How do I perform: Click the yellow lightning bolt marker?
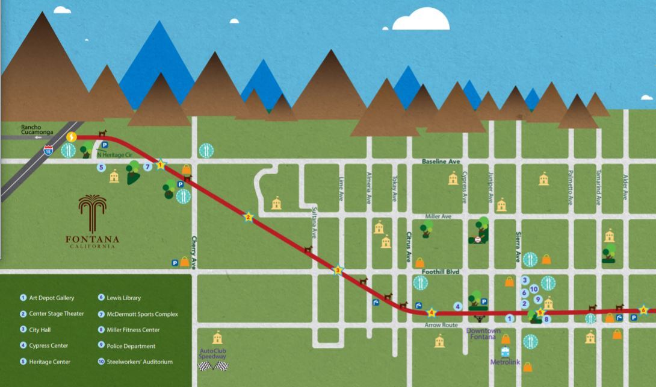coord(72,137)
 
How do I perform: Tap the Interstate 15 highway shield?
coord(48,151)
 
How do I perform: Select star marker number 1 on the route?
coord(161,165)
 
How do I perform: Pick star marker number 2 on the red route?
coord(248,217)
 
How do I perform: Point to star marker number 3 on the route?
coord(338,271)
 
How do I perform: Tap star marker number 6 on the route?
coord(643,310)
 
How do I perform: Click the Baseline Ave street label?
coord(441,162)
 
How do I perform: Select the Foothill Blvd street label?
coord(440,272)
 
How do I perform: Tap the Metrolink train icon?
coord(504,353)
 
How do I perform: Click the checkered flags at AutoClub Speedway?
coord(213,366)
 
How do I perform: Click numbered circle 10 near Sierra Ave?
coord(534,289)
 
